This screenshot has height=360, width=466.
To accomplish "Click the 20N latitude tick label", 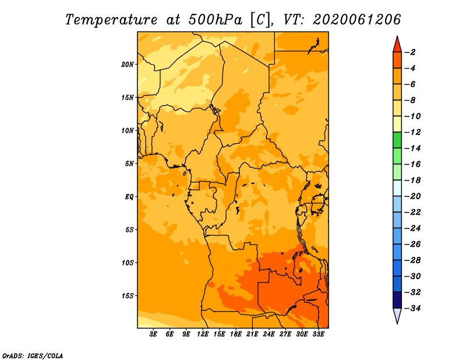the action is click(x=128, y=65).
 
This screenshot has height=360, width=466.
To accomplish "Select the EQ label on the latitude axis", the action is click(x=129, y=197).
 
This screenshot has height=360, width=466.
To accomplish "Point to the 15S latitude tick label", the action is click(x=128, y=296).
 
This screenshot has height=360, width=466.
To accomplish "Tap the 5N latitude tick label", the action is click(x=129, y=164).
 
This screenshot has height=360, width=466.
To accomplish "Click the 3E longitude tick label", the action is click(x=153, y=334).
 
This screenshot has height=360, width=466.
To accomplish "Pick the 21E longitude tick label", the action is click(x=252, y=334).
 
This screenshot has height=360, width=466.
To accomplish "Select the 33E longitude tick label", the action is click(x=318, y=334).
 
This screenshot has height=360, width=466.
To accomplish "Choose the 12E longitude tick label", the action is click(x=203, y=334).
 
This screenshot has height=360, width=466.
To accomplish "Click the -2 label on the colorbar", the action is click(x=410, y=52).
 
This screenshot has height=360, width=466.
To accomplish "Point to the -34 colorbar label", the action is click(x=412, y=308).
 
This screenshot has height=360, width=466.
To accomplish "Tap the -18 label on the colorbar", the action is click(x=412, y=181).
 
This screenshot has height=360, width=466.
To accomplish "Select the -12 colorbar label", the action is click(x=412, y=132).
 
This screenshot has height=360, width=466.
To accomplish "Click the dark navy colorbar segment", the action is click(x=397, y=300).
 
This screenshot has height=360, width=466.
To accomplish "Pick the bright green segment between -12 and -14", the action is click(x=397, y=140).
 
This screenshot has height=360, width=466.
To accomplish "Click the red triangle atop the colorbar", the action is click(x=397, y=45).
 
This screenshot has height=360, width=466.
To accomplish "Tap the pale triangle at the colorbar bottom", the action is click(x=397, y=315).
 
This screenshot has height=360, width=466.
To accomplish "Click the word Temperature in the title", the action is click(x=111, y=20).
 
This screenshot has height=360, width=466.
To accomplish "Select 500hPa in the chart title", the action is click(x=216, y=20).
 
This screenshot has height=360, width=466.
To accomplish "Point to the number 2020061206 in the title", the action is click(x=357, y=20).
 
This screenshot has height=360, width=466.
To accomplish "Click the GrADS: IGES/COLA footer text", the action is click(x=33, y=355).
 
